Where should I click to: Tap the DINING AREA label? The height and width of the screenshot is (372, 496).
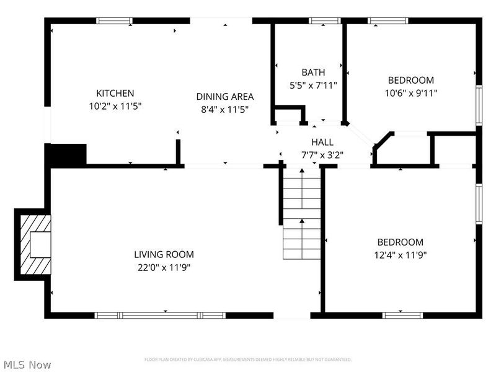pyautogui.click(x=225, y=96)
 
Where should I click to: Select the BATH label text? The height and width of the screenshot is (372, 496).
pyautogui.click(x=313, y=73)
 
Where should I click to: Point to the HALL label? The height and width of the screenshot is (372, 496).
pyautogui.click(x=322, y=142)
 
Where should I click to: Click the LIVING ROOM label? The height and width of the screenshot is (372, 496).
pyautogui.click(x=164, y=254)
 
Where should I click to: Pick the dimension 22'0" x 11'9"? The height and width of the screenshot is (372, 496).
pyautogui.click(x=164, y=267)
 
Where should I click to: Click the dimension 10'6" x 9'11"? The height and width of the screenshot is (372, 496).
pyautogui.click(x=411, y=94)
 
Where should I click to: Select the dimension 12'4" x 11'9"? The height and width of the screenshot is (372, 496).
pyautogui.click(x=401, y=255)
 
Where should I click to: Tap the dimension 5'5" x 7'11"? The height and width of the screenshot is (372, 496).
pyautogui.click(x=313, y=86)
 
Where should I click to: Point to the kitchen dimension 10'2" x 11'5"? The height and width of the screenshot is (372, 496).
pyautogui.click(x=115, y=106)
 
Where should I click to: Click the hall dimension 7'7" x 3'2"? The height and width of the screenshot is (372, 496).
pyautogui.click(x=322, y=155)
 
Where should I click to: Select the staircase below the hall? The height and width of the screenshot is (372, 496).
pyautogui.click(x=302, y=214)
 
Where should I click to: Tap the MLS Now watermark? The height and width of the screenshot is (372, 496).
pyautogui.click(x=27, y=365)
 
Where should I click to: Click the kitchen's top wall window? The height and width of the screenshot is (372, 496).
pyautogui.click(x=114, y=20)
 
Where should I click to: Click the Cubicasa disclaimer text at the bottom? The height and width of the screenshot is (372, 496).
pyautogui.click(x=248, y=359)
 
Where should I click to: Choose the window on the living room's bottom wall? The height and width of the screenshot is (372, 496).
pyautogui.click(x=160, y=315)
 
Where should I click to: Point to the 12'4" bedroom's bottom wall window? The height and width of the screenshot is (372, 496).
pyautogui.click(x=402, y=315)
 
